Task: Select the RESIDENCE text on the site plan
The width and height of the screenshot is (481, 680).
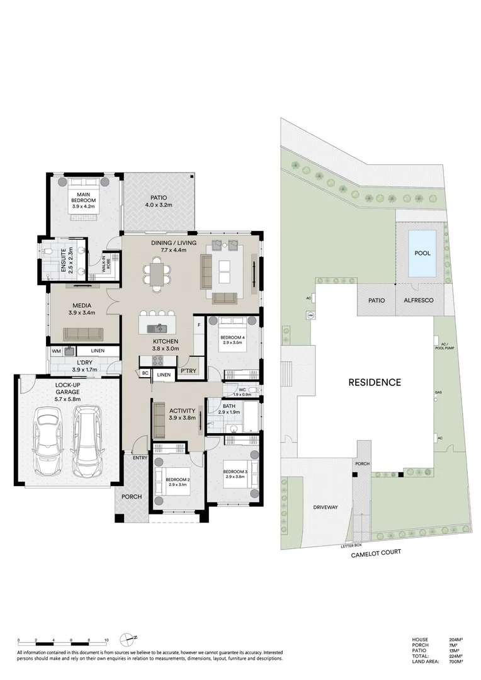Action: tap(375, 382)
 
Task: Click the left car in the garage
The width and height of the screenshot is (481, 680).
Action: tap(47, 441)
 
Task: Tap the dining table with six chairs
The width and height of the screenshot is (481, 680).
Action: tap(156, 274)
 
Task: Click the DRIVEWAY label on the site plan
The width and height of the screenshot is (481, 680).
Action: tap(325, 507)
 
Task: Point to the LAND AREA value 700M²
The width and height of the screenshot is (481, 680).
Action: tap(455, 662)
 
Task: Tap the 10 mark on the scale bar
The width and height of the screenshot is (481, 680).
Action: tap(106, 640)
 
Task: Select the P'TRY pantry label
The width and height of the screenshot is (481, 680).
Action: tap(188, 371)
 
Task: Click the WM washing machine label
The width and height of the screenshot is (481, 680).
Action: tap(55, 351)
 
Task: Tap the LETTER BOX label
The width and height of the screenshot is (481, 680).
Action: tap(351, 545)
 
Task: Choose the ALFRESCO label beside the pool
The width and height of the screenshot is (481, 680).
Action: tap(418, 302)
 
